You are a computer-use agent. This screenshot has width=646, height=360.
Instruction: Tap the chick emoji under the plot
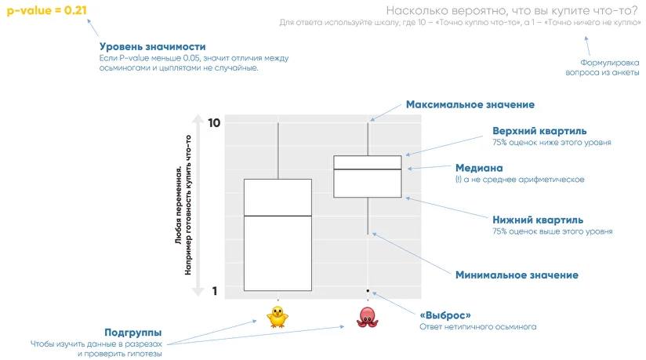278,316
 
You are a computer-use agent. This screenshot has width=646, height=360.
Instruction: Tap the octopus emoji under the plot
368,317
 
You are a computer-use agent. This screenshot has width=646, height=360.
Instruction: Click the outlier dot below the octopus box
368,291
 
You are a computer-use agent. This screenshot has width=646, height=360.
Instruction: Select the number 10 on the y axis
214,123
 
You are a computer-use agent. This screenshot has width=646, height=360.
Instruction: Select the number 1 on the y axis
214,291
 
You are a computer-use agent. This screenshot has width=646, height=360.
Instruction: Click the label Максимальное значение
470,104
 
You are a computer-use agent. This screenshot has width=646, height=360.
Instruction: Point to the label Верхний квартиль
539,130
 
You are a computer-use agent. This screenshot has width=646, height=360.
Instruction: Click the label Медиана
479,168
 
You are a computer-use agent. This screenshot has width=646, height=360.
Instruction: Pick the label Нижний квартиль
537,220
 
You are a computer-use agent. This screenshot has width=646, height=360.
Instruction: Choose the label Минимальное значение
517,275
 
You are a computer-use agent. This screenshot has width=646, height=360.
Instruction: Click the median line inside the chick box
278,216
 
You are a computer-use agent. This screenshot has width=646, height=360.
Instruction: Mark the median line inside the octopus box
368,169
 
